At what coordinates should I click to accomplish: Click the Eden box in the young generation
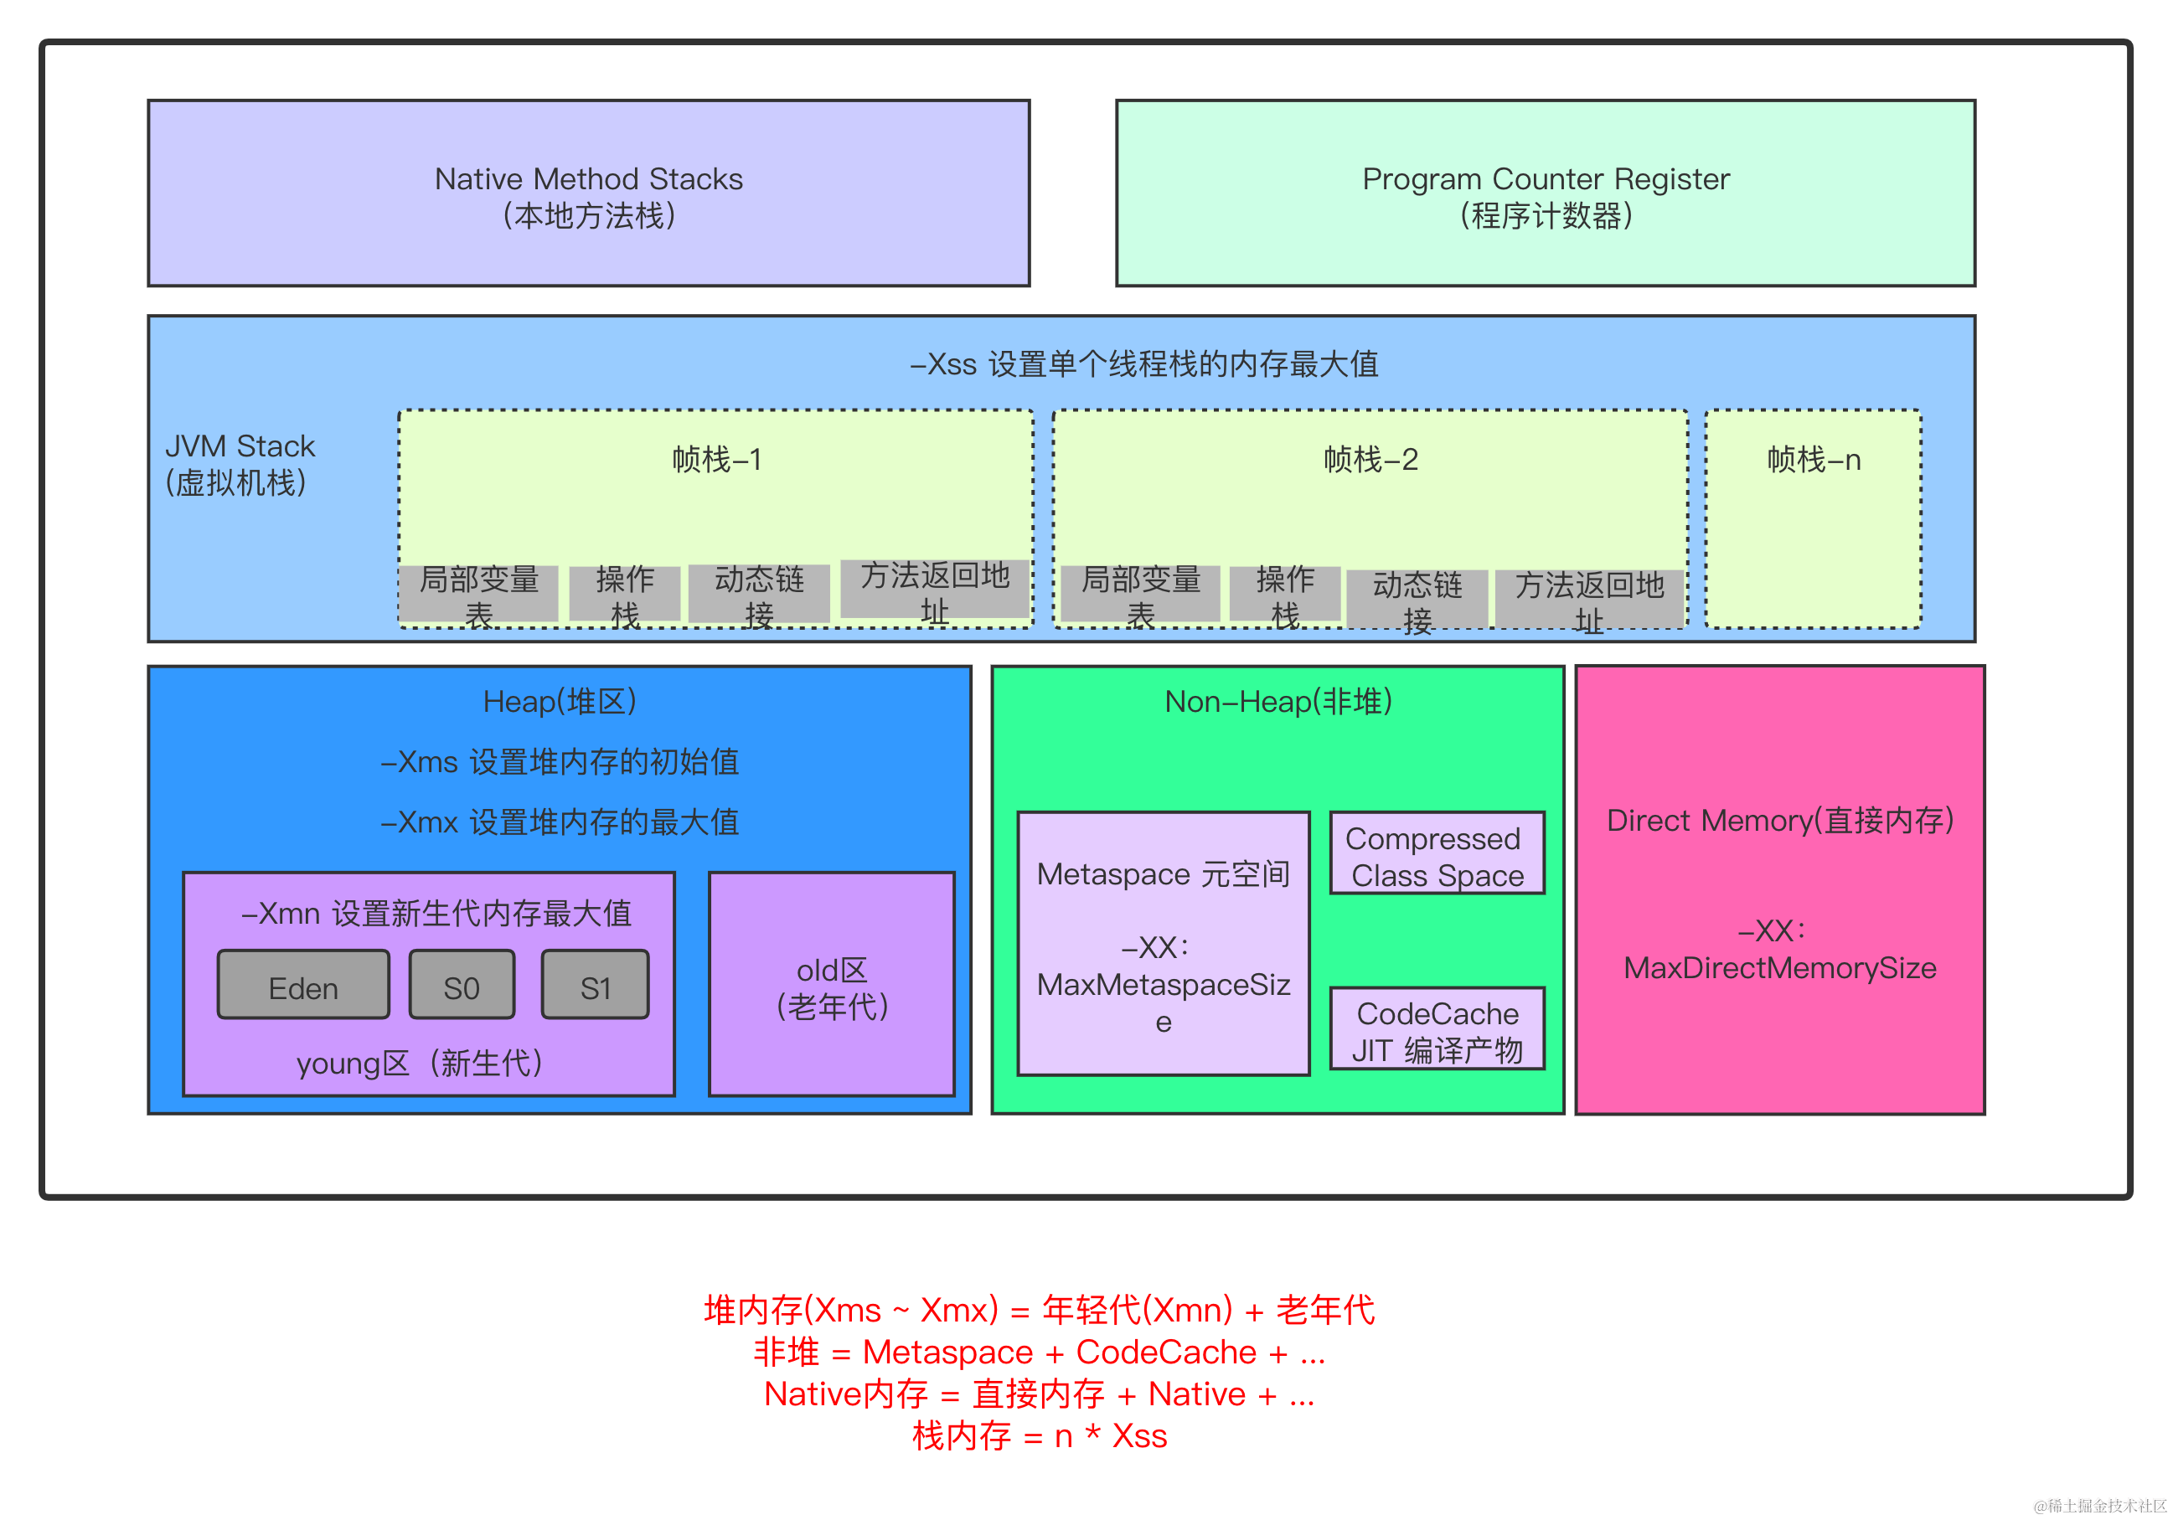click(303, 985)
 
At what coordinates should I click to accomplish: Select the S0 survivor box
click(462, 985)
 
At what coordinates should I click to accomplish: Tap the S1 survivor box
click(596, 985)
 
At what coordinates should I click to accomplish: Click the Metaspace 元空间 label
click(1164, 873)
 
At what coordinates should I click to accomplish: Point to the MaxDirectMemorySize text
click(1779, 967)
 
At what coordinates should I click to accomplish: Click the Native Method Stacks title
click(589, 179)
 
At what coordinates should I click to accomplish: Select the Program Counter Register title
click(1546, 179)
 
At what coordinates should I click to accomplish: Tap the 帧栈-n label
click(1814, 460)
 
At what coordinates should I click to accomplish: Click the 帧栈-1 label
click(716, 460)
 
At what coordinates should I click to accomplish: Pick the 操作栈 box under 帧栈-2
click(1284, 595)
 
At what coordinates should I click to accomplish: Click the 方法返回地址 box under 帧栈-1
click(934, 590)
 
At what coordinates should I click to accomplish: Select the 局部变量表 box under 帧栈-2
click(1140, 595)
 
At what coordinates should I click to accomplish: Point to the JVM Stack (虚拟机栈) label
click(240, 464)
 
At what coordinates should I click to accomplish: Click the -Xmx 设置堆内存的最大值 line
click(560, 822)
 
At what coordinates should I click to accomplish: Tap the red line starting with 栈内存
click(1040, 1435)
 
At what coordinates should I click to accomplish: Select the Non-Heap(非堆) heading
click(1277, 701)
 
